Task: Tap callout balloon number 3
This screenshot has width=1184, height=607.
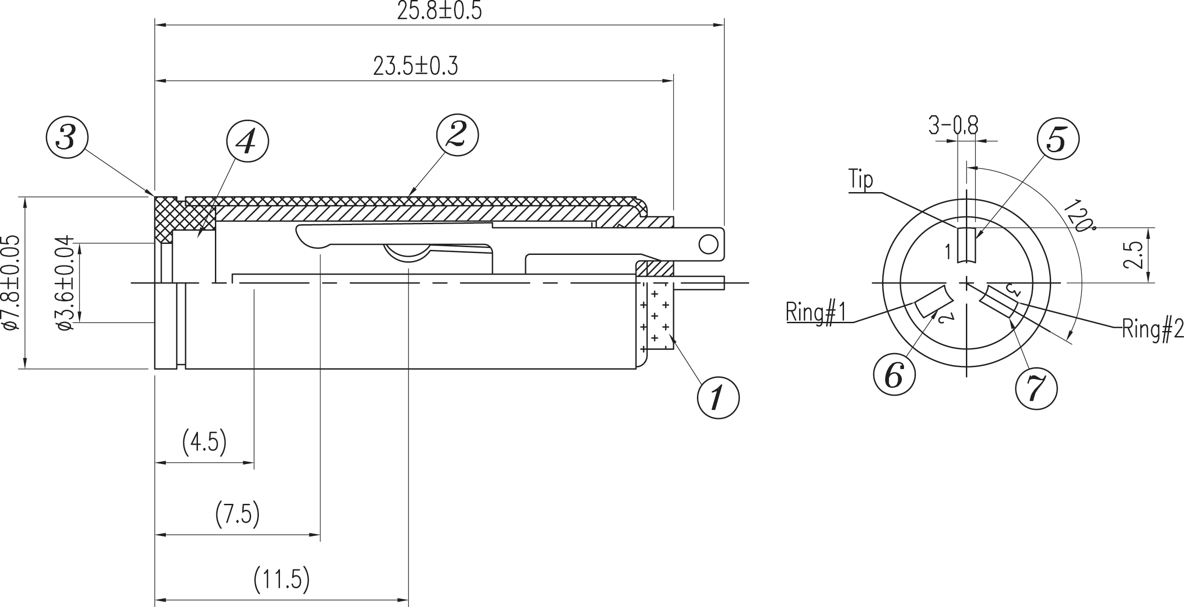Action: point(67,138)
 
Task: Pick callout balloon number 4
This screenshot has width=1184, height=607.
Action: point(247,142)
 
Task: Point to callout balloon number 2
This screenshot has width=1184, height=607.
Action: point(457,135)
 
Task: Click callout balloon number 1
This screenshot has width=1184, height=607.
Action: point(718,398)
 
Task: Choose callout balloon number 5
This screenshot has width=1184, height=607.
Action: point(1058,139)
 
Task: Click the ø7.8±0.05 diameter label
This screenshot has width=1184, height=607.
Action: point(12,283)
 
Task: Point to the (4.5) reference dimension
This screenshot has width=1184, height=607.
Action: point(204,442)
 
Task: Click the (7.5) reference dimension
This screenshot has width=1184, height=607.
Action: point(238,514)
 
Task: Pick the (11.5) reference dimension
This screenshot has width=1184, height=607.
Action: point(282,579)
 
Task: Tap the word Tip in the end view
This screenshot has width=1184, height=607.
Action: point(861,179)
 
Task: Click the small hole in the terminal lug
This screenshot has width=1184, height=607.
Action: point(708,244)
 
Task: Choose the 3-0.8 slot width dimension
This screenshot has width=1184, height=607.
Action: point(953,126)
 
